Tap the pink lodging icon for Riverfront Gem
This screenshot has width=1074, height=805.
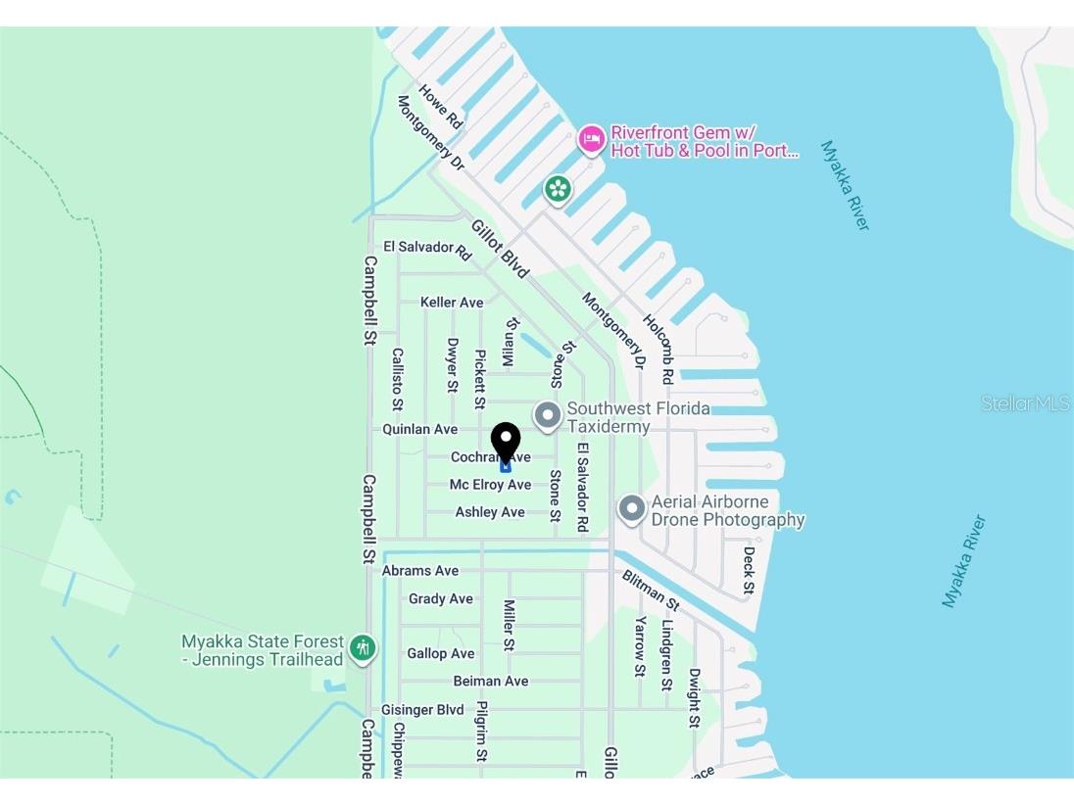coord(590,140)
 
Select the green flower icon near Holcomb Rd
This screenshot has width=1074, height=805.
coord(558,188)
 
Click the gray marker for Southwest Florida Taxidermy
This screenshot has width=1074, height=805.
coord(547,416)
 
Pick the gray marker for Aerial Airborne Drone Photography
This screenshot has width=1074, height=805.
coord(632,509)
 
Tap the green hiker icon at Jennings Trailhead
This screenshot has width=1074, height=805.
coord(364,648)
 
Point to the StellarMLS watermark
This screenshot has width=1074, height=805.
coord(1025,403)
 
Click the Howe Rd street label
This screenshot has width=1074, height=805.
coord(440,107)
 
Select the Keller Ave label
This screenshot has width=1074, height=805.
coord(452,303)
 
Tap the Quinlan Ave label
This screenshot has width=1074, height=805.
coord(419,429)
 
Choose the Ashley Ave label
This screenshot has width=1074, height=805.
coord(490,512)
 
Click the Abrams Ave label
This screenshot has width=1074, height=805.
coord(420,571)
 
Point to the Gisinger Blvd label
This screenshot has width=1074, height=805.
coord(422,709)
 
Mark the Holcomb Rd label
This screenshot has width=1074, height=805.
coord(659,349)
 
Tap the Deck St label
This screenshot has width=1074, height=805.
coord(749,570)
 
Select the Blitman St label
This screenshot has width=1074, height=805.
coord(651,590)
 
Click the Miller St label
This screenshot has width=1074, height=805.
coord(509,626)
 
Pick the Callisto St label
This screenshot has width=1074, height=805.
coord(397,378)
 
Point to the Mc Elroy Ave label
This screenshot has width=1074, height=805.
coord(490,485)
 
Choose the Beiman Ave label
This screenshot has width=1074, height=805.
coord(491,681)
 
